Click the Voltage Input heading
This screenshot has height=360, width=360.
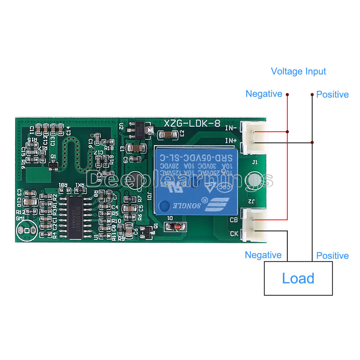[x=298, y=71]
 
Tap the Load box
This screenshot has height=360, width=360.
[x=298, y=278]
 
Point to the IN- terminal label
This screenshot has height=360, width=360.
[x=231, y=128]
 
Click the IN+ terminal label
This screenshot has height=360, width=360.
[x=231, y=140]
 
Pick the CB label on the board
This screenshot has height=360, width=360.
[x=233, y=220]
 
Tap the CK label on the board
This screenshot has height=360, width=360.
[x=234, y=233]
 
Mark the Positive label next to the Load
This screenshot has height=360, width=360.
[x=332, y=256]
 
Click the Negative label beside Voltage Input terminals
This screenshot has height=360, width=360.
[x=264, y=94]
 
